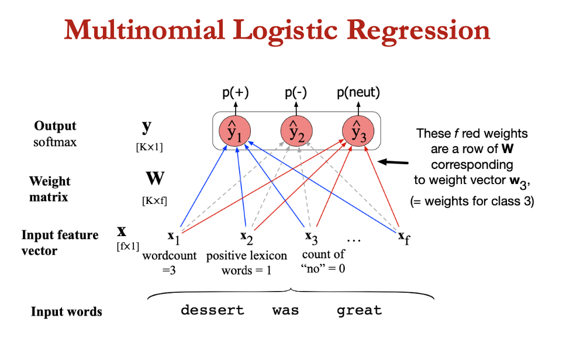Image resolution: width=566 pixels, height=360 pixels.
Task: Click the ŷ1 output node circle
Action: pyautogui.click(x=236, y=131)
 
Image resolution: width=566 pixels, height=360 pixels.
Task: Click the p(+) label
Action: pyautogui.click(x=236, y=92)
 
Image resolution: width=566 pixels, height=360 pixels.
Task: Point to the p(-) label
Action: pyautogui.click(x=296, y=92)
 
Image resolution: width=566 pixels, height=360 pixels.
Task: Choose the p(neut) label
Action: pyautogui.click(x=358, y=92)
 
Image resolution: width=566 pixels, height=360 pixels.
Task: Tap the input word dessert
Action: pyautogui.click(x=212, y=310)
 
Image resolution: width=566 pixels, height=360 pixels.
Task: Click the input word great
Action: pyautogui.click(x=359, y=310)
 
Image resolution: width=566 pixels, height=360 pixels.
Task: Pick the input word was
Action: pyautogui.click(x=285, y=310)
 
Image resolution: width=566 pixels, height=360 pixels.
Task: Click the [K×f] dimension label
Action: pyautogui.click(x=154, y=201)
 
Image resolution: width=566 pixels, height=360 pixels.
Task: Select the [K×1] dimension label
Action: pyautogui.click(x=149, y=147)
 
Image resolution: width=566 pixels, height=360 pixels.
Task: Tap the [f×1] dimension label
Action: pyautogui.click(x=128, y=246)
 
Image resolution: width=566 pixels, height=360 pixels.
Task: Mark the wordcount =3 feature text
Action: pyautogui.click(x=170, y=262)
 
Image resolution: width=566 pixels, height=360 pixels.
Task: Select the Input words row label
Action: pyautogui.click(x=66, y=311)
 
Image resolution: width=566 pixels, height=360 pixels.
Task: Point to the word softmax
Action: pyautogui.click(x=54, y=141)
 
